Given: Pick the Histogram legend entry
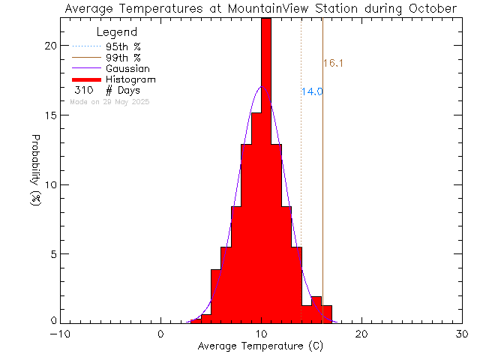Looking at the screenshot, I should [x=130, y=79].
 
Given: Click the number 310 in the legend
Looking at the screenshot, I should [x=83, y=90].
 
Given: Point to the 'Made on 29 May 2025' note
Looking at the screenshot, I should [x=109, y=101].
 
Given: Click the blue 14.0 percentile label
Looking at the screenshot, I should [x=312, y=91].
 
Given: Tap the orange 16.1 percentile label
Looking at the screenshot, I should [x=333, y=64].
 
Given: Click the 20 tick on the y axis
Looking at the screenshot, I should [x=49, y=46].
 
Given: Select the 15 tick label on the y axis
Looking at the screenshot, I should [x=49, y=115].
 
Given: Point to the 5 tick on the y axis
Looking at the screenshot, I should [x=52, y=254].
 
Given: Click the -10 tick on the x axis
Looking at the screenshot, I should [x=60, y=334].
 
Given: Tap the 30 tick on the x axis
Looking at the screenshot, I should [x=462, y=334].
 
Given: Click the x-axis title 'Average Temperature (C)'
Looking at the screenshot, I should [x=261, y=346].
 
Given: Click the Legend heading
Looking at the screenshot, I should [x=117, y=33].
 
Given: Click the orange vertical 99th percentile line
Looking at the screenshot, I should [x=322, y=187].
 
